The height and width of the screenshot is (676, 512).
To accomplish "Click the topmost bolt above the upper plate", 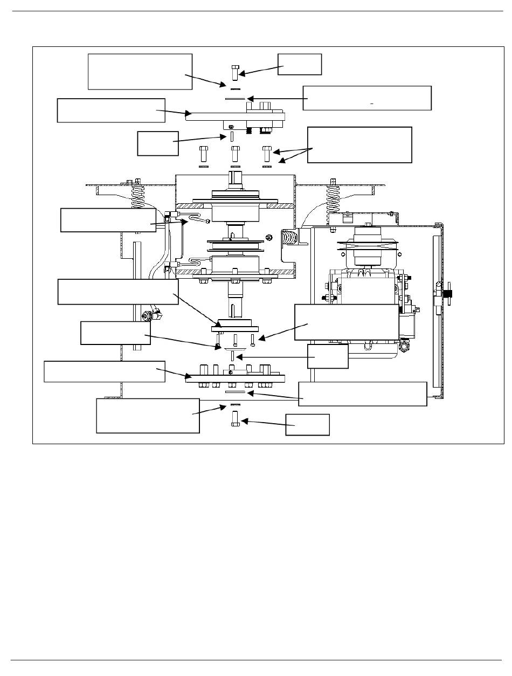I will coord(234,72).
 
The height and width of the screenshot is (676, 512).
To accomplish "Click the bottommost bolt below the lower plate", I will coord(234,418).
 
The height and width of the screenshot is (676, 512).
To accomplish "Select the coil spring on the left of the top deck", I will coord(139,199).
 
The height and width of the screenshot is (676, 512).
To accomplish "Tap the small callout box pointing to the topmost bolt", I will coord(300,64).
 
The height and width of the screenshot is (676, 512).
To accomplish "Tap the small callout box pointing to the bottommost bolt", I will coord(307,424).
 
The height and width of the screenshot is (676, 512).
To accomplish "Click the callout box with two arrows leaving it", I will coord(359,144).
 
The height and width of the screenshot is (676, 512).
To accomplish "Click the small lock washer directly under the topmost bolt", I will coord(234,88).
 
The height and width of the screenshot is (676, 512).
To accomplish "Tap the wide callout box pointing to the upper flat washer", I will coord(367,98).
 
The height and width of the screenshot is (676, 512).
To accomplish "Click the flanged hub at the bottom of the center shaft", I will coord(234,327).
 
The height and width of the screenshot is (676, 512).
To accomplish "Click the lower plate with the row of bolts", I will coord(234,377).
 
